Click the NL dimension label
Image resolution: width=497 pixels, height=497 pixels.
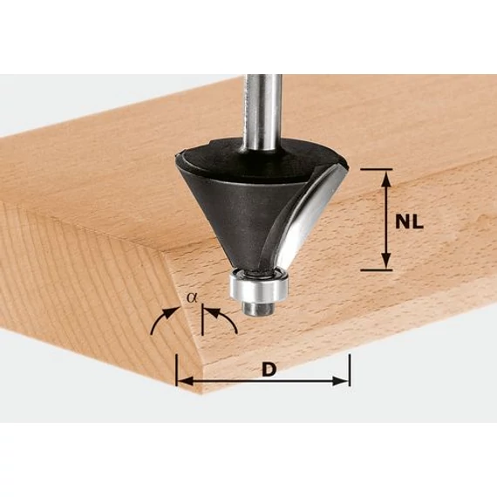point(409,222)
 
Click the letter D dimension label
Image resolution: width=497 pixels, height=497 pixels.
point(269,370)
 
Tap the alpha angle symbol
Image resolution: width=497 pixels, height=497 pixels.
point(192,297)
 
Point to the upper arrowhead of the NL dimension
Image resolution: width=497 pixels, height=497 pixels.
point(385,180)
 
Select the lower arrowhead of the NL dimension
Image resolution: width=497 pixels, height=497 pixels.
point(385,262)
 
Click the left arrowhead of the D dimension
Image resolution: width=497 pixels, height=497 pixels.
point(185,381)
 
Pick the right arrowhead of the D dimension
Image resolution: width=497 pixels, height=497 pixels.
point(340,381)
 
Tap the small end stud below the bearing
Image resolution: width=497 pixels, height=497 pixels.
point(258,308)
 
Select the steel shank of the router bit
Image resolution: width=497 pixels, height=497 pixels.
point(263,112)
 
